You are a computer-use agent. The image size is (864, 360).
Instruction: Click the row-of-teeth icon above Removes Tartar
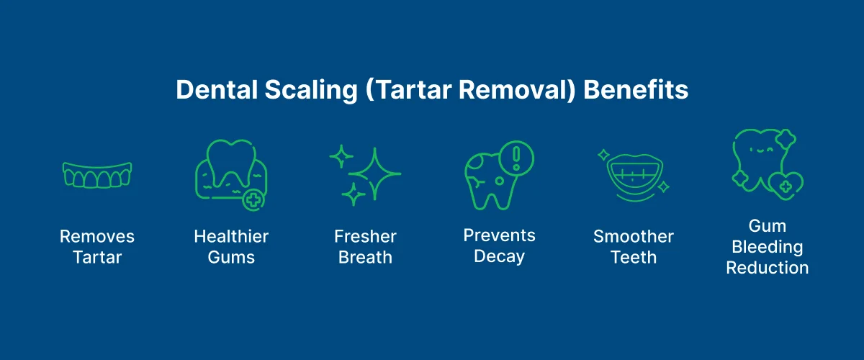point(97,174)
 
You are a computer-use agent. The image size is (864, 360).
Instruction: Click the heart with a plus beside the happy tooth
point(786,186)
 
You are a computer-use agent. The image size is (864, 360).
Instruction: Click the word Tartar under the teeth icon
point(97,257)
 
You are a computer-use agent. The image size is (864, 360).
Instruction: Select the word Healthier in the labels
point(231,236)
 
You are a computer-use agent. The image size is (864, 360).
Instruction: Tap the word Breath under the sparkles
point(365,257)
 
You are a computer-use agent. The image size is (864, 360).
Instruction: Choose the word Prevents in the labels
point(499,235)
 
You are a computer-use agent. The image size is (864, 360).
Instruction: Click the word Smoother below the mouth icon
point(634,236)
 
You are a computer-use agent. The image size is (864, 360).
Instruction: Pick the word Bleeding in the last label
point(767,247)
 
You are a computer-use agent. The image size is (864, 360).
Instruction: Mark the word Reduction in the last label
point(767,268)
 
